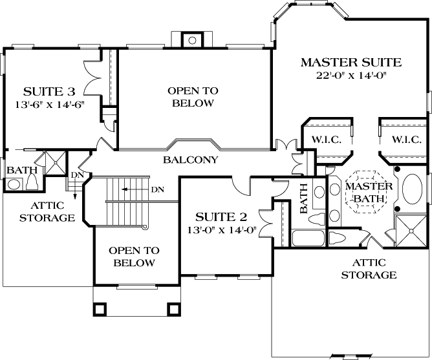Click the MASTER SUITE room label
coord(351,63)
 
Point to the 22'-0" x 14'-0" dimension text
coord(351,75)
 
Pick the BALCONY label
coord(190,160)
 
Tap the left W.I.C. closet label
coord(326,140)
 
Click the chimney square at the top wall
coord(192,40)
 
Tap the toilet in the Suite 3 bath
coord(31,182)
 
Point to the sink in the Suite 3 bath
coord(14,184)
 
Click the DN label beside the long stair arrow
coord(157,190)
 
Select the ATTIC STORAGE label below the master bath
coord(374,269)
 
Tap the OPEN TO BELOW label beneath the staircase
coord(132,257)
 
